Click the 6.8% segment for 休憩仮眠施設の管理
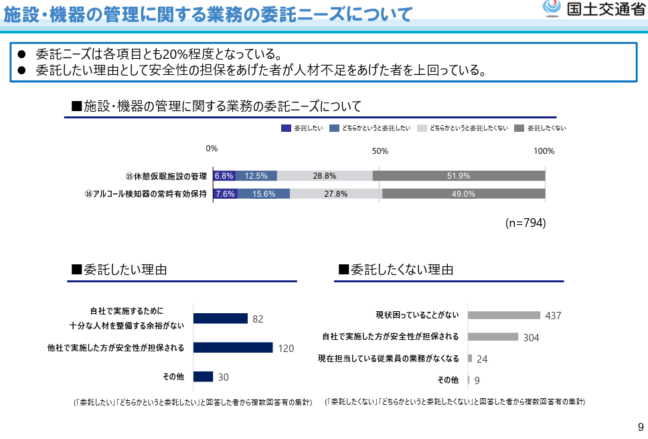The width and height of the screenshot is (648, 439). [x=224, y=176]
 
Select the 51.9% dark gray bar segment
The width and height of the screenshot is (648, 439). [x=459, y=176]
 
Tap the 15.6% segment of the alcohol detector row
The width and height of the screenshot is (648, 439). [x=264, y=194]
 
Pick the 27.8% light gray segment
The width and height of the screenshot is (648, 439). [x=335, y=194]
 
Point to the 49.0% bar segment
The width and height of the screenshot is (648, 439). [x=463, y=194]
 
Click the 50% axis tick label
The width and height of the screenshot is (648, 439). [x=380, y=151]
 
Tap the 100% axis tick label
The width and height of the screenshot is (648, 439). [x=544, y=151]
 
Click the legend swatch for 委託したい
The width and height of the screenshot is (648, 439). [x=286, y=128]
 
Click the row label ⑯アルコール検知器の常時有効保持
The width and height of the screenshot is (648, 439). [x=145, y=194]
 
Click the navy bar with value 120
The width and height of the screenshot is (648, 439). [x=233, y=347]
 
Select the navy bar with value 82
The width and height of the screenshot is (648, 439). [x=220, y=319]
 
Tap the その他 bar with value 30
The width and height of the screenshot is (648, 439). [x=203, y=377]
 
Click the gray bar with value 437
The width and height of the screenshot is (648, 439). [x=503, y=315]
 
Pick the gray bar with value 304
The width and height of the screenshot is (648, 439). [x=493, y=337]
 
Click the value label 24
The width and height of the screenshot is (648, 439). [x=482, y=359]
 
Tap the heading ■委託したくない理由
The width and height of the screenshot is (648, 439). [x=396, y=270]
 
